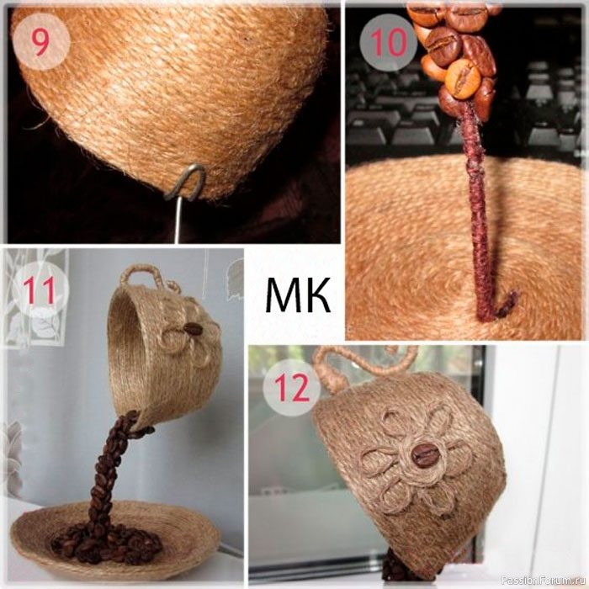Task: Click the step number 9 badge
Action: [40, 42]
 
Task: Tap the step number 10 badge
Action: [389, 42]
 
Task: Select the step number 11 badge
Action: [40, 291]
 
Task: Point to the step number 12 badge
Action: [292, 389]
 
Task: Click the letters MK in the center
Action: [298, 294]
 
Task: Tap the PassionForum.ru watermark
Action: [544, 581]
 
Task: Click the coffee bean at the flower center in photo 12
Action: [423, 455]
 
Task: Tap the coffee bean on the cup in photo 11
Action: [193, 329]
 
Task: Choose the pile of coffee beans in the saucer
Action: [106, 544]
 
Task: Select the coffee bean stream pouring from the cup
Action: [109, 470]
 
